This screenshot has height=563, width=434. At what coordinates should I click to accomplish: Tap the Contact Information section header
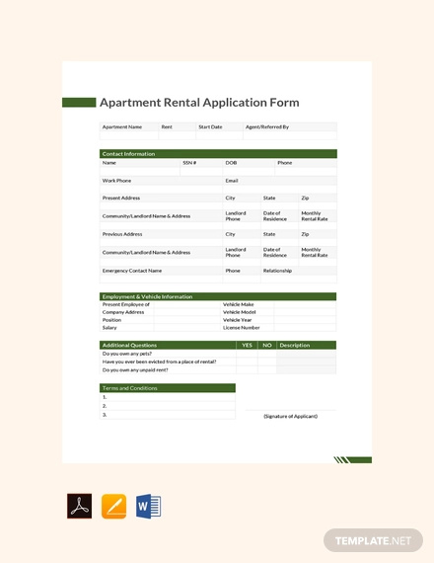[129, 153]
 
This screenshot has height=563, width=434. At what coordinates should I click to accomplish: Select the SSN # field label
[189, 163]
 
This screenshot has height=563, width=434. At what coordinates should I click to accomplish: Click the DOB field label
[231, 163]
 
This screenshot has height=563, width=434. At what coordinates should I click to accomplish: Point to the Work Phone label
[116, 181]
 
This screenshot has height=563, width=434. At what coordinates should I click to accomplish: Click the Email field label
[232, 181]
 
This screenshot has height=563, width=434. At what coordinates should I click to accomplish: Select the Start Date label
[210, 126]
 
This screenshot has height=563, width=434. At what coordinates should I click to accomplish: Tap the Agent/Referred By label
[266, 126]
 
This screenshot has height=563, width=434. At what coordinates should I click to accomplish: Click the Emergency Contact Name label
[132, 270]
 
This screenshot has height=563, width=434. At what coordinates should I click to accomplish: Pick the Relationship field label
[277, 270]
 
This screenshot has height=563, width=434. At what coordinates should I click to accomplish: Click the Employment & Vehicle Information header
[147, 296]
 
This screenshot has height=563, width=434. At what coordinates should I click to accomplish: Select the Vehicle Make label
[238, 304]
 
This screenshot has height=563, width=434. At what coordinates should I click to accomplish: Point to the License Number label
[241, 328]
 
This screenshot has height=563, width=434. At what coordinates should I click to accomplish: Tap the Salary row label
[109, 328]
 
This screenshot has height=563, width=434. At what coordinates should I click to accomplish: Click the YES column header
[247, 345]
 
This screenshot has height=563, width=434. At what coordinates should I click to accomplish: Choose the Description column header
[295, 345]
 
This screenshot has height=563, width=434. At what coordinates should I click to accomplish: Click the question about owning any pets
[127, 354]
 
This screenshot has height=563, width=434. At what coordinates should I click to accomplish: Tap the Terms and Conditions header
[129, 388]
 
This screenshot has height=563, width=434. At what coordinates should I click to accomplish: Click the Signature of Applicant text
[290, 416]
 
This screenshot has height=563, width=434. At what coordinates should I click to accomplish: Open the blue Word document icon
[148, 507]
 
